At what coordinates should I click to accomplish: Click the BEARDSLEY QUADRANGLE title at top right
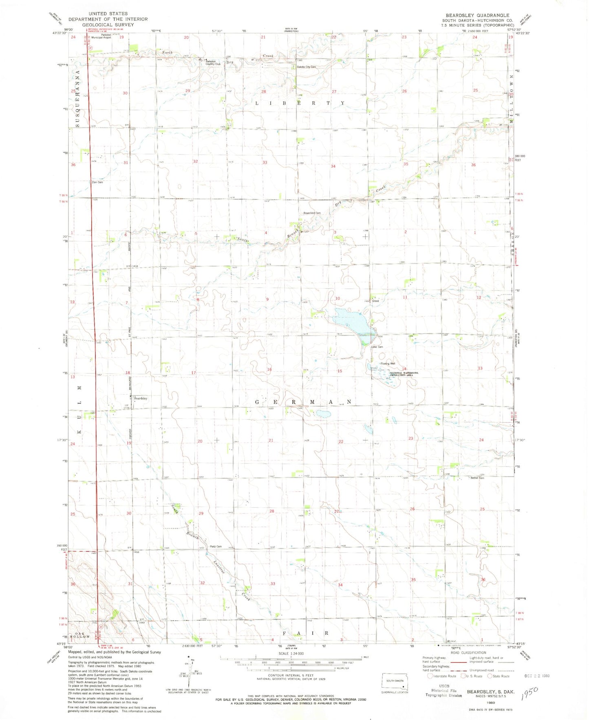click(x=477, y=15)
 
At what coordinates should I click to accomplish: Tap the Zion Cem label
click(x=97, y=182)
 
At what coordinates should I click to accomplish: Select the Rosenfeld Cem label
click(x=312, y=213)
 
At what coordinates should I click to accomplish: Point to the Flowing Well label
click(x=388, y=364)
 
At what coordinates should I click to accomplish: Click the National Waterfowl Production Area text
click(x=404, y=374)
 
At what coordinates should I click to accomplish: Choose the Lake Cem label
click(x=377, y=347)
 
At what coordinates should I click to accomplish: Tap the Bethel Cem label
click(x=477, y=478)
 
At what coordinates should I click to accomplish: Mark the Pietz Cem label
click(x=216, y=547)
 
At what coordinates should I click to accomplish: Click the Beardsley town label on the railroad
click(x=141, y=398)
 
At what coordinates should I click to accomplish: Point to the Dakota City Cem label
click(x=306, y=67)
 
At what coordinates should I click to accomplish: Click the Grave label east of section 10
click(x=375, y=301)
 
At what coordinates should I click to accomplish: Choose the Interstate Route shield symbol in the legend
click(x=430, y=676)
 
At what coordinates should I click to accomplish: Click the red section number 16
click(x=269, y=369)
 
